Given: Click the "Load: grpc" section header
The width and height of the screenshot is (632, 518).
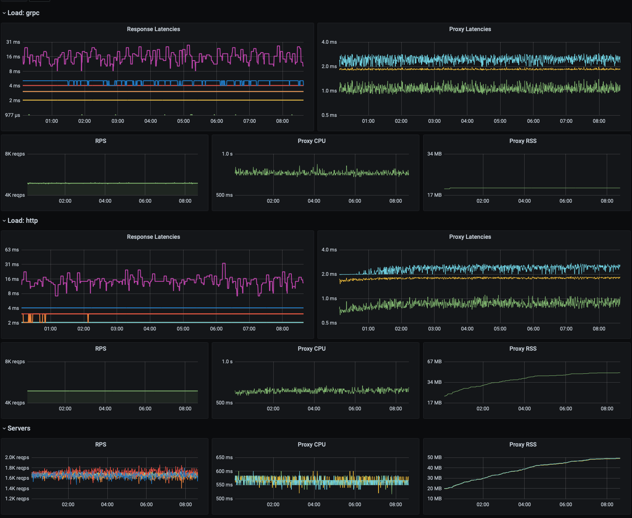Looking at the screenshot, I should tap(23, 13).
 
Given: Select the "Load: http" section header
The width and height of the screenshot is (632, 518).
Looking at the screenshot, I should tap(22, 221).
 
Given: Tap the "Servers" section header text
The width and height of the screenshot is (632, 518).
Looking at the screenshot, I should tap(19, 428).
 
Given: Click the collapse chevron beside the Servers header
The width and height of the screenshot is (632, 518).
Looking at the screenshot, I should tap(4, 428).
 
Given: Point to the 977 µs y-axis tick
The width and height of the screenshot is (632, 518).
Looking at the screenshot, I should tap(13, 115).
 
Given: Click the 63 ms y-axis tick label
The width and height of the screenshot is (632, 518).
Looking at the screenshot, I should tap(12, 250).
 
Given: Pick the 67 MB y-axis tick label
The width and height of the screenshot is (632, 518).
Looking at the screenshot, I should tap(434, 362).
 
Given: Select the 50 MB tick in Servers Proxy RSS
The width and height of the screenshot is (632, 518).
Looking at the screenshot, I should tap(434, 457).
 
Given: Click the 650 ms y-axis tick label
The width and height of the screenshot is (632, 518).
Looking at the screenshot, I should tap(224, 457).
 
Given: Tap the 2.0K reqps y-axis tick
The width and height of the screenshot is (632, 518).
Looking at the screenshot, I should tap(17, 457).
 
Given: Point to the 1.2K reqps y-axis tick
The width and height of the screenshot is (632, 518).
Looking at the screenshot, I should tap(17, 499).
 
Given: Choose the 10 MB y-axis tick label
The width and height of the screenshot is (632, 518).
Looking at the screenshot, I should tap(434, 499).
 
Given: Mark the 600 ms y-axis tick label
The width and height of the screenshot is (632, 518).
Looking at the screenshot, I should tap(224, 471).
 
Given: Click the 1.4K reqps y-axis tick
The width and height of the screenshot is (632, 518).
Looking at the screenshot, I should tap(17, 489).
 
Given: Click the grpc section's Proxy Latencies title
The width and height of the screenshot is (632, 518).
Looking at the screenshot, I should tap(470, 29).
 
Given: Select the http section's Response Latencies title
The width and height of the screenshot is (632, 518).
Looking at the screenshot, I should tap(153, 237).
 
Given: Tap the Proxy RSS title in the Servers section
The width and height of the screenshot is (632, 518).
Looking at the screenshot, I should tap(523, 445).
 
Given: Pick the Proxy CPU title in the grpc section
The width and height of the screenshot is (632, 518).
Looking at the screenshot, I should tap(311, 141).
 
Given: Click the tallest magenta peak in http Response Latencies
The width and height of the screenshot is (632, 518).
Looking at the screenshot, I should tap(224, 264).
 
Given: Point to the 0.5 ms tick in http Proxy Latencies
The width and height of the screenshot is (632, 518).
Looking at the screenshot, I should tap(329, 323).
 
